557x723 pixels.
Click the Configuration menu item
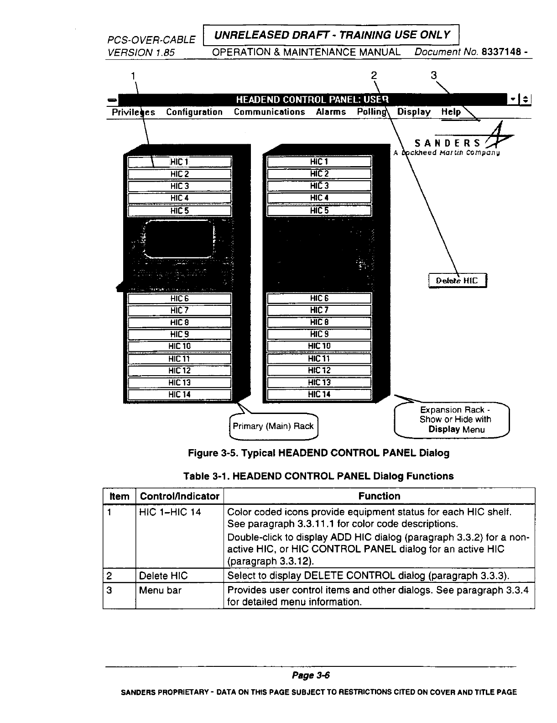194,112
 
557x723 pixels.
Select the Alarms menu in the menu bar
331,112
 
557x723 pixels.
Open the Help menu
451,112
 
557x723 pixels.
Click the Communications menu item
269,112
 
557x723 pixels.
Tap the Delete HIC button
458,280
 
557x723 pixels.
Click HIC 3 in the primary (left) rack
180,186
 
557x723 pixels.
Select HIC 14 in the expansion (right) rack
319,394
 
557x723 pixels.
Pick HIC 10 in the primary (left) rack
180,346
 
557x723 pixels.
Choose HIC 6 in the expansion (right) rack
319,299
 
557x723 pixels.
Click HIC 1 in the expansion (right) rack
319,162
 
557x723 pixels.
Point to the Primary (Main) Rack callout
273,426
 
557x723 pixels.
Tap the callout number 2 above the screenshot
374,75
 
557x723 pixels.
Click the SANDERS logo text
447,142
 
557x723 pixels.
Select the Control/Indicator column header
180,496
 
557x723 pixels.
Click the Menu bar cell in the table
160,591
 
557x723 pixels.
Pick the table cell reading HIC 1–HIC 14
170,512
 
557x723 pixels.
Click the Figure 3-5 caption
318,453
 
